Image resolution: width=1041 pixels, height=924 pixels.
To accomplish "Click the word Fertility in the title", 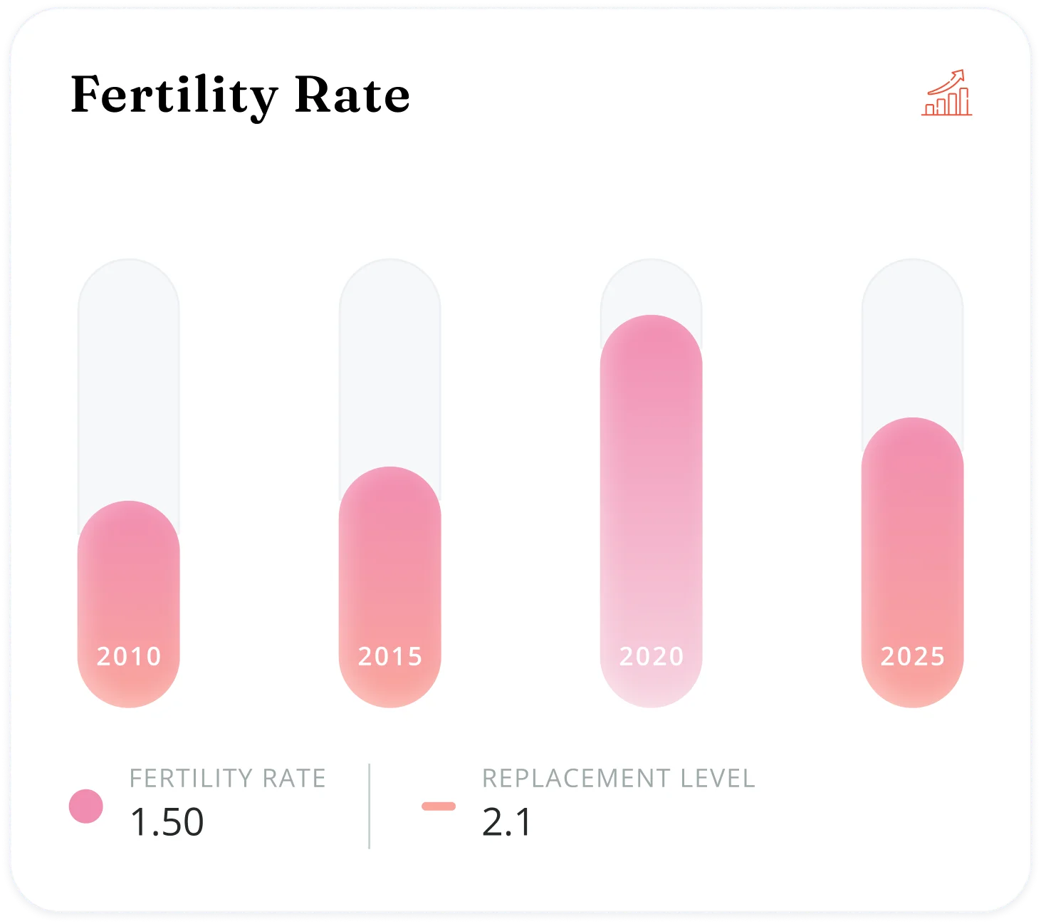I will (174, 95).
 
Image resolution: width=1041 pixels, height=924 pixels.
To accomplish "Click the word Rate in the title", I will (352, 95).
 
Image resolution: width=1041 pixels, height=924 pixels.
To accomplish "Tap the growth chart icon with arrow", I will (946, 93).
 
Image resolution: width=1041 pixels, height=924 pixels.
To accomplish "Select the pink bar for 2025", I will (912, 534).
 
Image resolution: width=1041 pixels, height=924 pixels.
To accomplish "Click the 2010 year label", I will (129, 656).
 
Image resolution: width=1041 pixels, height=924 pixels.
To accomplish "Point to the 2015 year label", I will (390, 656).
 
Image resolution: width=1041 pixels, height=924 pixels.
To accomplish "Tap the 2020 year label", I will (652, 656).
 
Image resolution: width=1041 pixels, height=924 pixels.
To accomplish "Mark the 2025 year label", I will (913, 656).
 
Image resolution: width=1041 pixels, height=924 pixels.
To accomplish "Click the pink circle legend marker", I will (86, 806).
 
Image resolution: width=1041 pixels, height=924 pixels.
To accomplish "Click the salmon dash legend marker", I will (439, 806).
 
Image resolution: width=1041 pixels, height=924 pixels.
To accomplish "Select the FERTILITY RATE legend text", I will (228, 779).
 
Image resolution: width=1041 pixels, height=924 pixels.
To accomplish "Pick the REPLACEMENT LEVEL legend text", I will (619, 779).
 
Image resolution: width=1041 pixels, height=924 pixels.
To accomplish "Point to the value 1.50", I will (167, 822).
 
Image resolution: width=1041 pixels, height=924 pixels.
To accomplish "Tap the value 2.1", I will (507, 822).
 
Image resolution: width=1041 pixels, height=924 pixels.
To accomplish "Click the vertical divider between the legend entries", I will (369, 806).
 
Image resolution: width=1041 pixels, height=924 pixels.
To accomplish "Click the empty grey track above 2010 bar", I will (129, 378).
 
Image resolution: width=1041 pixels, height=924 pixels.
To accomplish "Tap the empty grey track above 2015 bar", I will (389, 363).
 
